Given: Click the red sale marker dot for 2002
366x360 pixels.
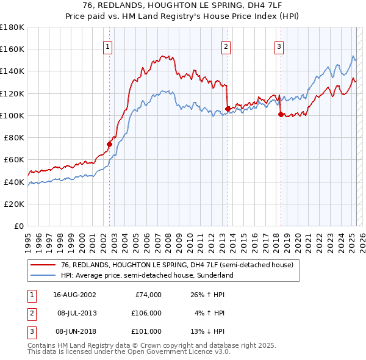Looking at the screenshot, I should pos(110,144).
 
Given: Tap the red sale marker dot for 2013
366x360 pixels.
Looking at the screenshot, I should pos(228,109).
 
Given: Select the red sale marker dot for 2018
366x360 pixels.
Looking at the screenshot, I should pos(281,114).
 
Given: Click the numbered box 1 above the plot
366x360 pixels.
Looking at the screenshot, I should pos(108,46).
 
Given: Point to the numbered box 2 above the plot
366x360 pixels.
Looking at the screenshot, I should pos(226,46).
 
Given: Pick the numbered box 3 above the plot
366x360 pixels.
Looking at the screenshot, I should pos(279,46).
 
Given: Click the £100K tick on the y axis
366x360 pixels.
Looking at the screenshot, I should pos(12,115).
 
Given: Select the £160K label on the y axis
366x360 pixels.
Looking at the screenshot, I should pos(12,49).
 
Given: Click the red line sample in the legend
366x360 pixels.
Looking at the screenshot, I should pos(43,265).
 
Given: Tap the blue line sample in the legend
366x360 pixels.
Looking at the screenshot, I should pos(43,275).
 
